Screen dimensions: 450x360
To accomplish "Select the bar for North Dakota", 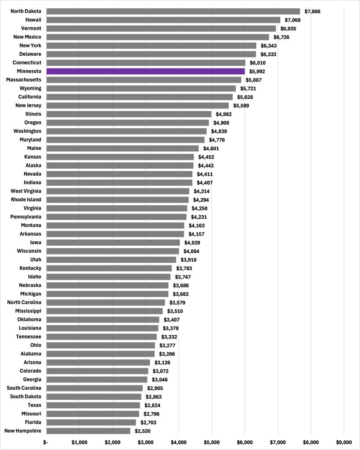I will (x=173, y=11).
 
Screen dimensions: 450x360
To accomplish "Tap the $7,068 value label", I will (x=293, y=20).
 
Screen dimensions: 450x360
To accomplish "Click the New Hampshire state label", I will (x=23, y=431).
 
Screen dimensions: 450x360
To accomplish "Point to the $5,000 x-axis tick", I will (x=212, y=442).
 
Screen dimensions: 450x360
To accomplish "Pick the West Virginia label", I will (x=26, y=191).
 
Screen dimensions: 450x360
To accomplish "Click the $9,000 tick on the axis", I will (x=344, y=442).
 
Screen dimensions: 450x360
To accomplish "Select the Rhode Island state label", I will (x=26, y=200).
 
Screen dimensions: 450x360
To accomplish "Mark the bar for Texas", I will (x=93, y=405).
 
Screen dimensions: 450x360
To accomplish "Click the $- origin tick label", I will (x=46, y=442).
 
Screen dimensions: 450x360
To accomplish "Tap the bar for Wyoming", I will (x=141, y=88).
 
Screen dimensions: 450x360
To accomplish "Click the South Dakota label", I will (x=26, y=396).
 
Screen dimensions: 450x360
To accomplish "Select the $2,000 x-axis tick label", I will (x=112, y=442).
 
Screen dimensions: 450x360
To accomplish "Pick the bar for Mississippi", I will (x=104, y=311).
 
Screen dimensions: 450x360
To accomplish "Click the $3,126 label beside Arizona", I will (x=162, y=363).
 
